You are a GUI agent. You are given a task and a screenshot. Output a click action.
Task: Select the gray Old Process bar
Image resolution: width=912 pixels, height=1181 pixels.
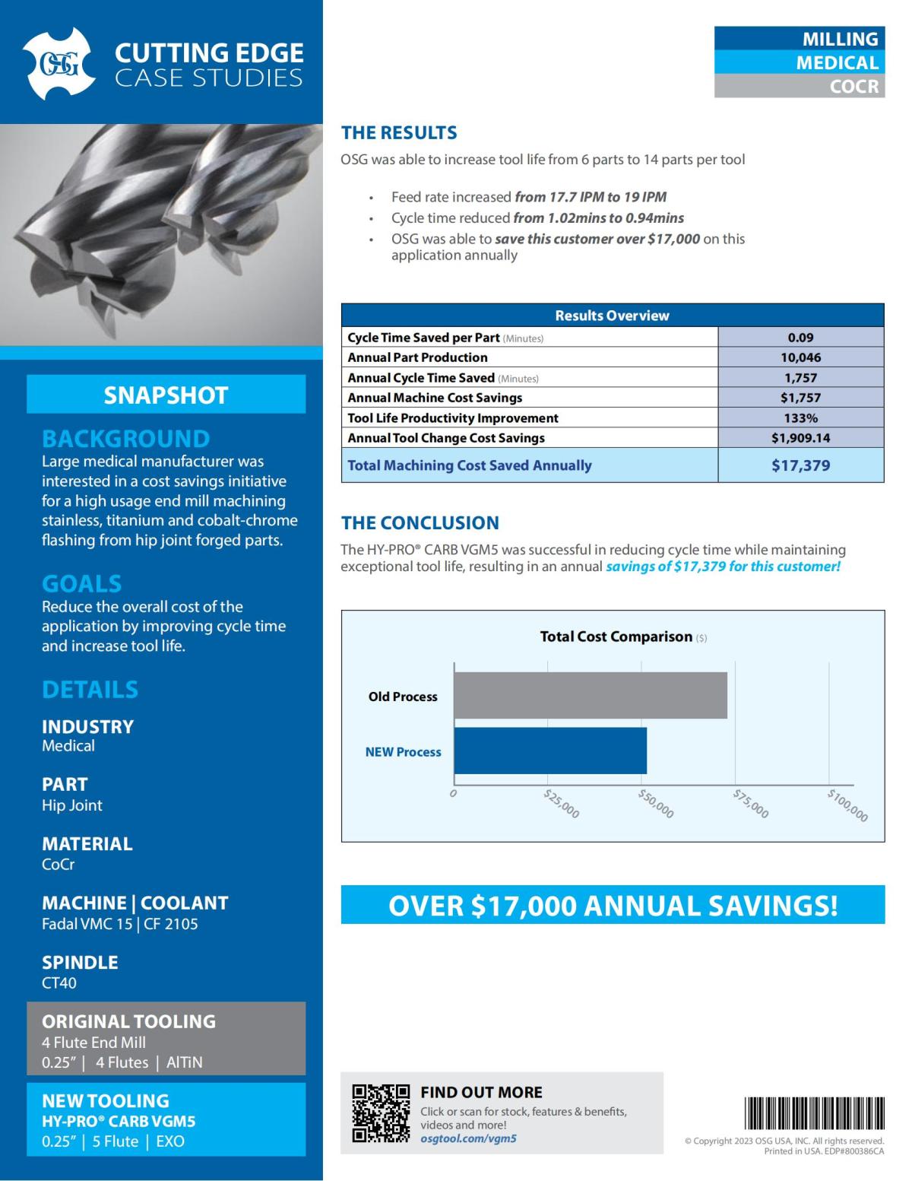coord(590,695)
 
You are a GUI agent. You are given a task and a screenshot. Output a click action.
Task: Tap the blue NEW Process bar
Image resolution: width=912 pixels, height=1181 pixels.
coord(550,751)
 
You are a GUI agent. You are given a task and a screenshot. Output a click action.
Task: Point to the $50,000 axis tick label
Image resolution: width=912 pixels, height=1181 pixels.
coord(655,804)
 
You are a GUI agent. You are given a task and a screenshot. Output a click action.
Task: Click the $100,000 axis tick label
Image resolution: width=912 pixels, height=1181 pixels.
coord(847,805)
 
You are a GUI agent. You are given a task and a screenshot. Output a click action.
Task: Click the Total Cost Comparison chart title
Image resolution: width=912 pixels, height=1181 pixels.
coord(616,637)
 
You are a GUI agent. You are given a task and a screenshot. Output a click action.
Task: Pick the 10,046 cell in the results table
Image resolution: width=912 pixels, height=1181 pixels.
coord(800,357)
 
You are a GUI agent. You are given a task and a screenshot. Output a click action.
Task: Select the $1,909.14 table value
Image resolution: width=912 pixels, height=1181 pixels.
coord(800,438)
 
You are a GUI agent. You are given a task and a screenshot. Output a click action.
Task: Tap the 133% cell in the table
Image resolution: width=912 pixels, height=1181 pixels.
coord(800,418)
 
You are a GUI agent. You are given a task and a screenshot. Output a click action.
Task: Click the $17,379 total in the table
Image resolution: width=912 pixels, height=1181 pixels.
coord(800,465)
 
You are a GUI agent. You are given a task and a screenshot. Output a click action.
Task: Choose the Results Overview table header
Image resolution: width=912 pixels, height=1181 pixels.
coord(612,316)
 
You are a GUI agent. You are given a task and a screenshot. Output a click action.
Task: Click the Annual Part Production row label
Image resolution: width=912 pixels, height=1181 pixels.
coord(417,357)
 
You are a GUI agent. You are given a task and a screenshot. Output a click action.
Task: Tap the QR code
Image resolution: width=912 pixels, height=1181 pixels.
coord(381,1113)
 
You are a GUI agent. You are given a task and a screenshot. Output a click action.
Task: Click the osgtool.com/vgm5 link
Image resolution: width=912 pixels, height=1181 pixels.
coord(468,1138)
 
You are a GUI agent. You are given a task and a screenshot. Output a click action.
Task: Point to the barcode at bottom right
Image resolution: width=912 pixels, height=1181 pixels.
coord(814,1113)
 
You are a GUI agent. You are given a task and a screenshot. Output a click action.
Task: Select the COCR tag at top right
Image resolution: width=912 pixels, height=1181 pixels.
coord(853,87)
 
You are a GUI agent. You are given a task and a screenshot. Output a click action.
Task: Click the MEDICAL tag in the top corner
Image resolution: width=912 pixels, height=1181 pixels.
coord(837,62)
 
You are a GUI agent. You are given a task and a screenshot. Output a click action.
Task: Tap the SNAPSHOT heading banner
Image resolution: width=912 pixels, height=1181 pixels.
coord(166,395)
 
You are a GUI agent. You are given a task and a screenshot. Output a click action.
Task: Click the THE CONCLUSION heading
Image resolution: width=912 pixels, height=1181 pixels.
coord(420,523)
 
